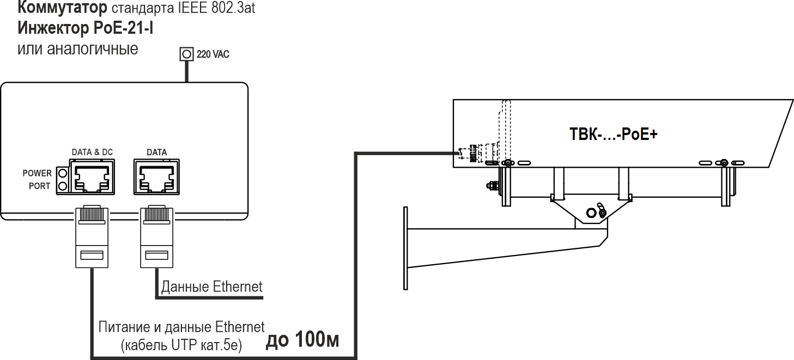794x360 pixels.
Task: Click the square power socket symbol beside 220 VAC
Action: coord(186,54)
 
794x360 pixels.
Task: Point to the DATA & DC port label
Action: coord(92,152)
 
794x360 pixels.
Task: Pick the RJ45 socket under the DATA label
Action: coord(157,176)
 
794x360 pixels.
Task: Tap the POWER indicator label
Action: coord(37,173)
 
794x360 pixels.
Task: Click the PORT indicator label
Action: coord(40,186)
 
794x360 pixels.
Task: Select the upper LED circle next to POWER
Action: coord(62,173)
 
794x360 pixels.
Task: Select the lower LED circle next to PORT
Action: coord(62,186)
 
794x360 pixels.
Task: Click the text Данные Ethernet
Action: coord(211,286)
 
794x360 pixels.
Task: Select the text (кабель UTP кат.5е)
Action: coord(181,344)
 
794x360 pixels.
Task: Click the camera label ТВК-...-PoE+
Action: coord(614,134)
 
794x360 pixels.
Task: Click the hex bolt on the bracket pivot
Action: coord(590,212)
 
